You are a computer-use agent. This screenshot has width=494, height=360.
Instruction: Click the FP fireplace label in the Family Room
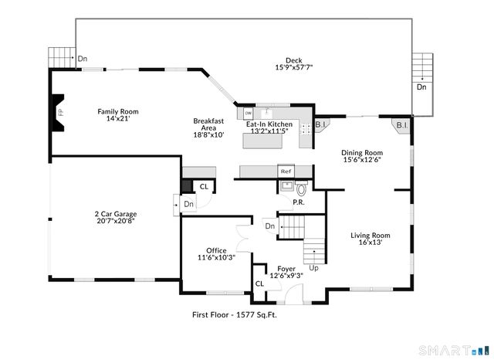point(59,113)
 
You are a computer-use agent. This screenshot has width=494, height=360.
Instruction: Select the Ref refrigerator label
point(286,172)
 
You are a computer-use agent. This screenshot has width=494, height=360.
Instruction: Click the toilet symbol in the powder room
point(302,188)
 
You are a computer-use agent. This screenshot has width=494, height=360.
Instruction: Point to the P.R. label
point(297,202)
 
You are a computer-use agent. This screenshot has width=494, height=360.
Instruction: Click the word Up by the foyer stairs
point(313,267)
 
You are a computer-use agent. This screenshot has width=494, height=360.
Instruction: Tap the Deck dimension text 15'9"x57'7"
point(293,68)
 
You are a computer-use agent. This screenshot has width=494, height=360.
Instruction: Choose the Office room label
point(217,250)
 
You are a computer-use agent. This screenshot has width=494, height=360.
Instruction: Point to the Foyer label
point(286,269)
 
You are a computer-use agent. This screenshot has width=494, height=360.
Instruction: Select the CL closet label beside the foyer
point(259,284)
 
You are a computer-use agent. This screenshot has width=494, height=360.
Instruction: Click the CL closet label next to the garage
point(204,187)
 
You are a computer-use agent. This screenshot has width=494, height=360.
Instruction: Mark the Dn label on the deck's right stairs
point(421,87)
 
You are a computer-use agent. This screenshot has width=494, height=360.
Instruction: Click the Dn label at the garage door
point(189,204)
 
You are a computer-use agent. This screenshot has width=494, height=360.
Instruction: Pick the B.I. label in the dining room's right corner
point(401,125)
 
